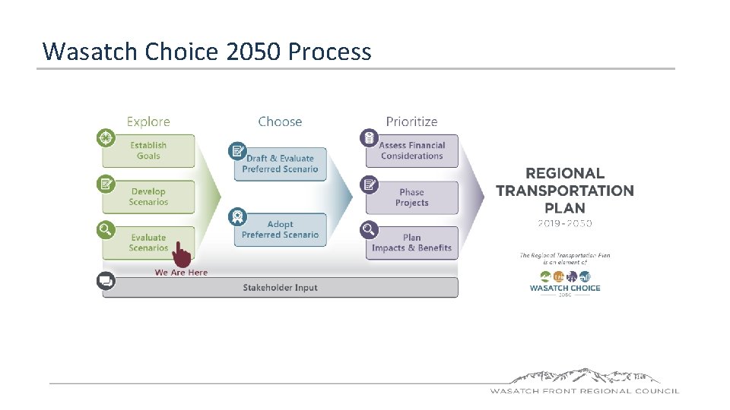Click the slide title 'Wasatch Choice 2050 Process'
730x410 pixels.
207,51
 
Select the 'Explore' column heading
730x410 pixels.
148,121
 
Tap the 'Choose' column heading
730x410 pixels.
280,121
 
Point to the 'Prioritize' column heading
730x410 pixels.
411,121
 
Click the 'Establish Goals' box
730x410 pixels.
149,150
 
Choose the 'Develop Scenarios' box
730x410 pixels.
149,197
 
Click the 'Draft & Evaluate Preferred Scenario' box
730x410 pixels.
280,164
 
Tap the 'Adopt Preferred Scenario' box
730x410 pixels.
280,229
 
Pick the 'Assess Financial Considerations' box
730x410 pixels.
411,150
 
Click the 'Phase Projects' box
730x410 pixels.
411,197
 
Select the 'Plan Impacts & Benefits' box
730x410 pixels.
411,243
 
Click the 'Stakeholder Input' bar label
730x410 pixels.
280,288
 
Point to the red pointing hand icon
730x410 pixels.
181,254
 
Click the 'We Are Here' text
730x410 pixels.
181,273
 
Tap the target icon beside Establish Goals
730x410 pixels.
106,138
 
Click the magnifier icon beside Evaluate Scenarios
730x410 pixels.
106,229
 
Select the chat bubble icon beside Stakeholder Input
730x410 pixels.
106,281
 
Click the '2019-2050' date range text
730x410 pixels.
564,223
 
